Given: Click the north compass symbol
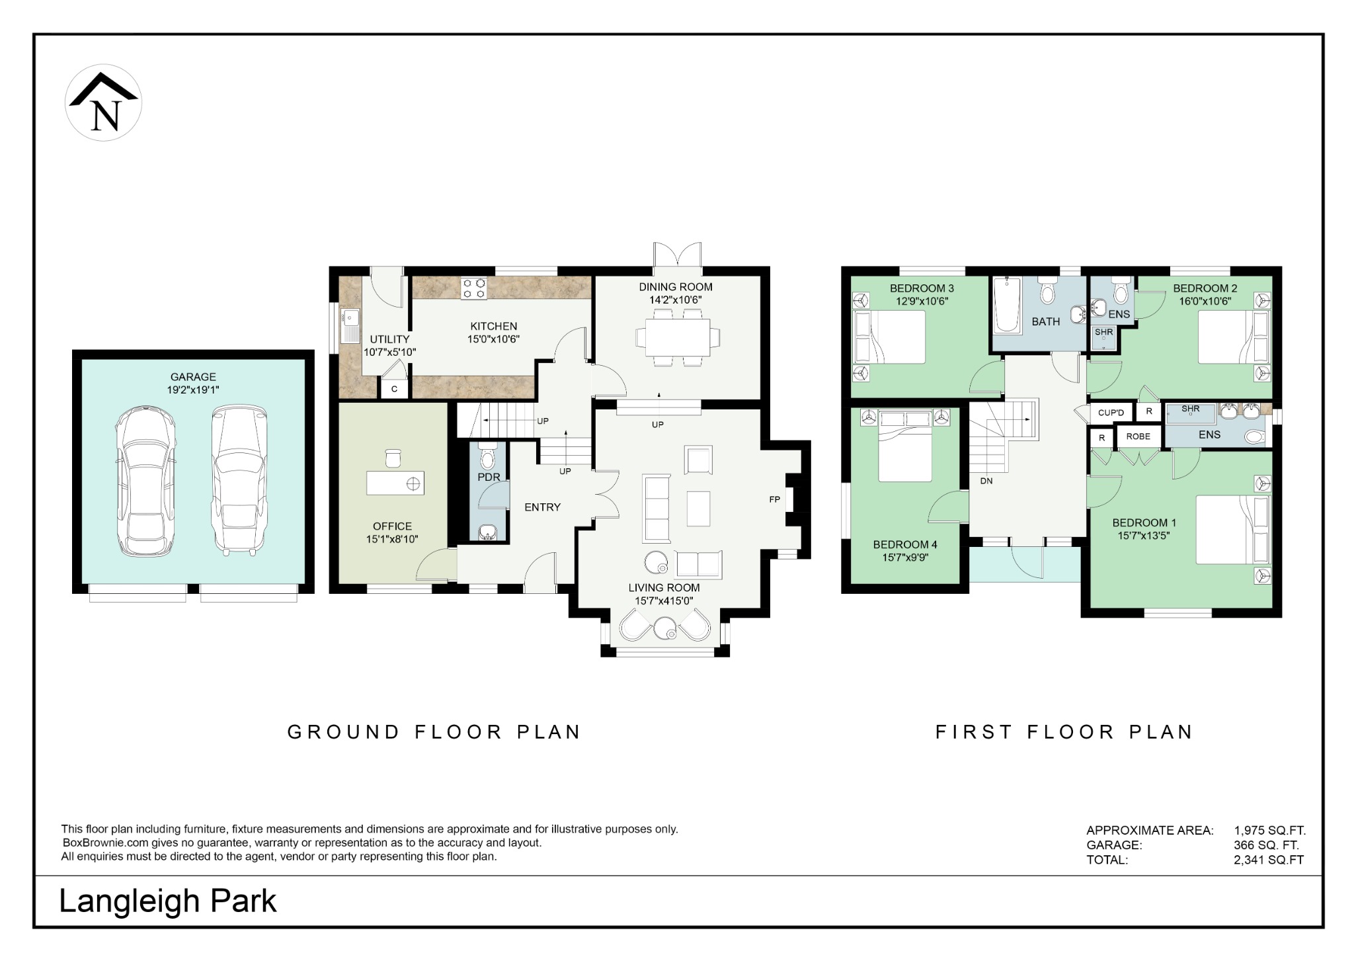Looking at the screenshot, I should [x=103, y=103].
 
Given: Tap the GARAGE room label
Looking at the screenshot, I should [x=193, y=377].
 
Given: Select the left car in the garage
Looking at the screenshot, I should [x=145, y=481].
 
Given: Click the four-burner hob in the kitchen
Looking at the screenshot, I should [x=473, y=288].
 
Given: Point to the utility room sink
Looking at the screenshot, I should [x=350, y=326].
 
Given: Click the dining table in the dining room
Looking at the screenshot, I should [x=678, y=337].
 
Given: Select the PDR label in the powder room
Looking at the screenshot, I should [x=489, y=477].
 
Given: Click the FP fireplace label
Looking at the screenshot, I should [x=774, y=499].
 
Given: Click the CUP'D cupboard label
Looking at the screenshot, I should [x=1111, y=413].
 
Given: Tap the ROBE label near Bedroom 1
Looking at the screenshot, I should [x=1138, y=437].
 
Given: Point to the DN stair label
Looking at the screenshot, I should [x=986, y=481].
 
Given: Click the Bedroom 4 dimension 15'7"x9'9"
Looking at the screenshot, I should [x=905, y=558].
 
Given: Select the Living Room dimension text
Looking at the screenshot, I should [x=664, y=601].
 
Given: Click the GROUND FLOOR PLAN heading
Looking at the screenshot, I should [x=434, y=732].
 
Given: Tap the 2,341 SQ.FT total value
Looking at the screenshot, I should [x=1268, y=860].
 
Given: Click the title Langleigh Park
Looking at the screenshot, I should [x=168, y=901].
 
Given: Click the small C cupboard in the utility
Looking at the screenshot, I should [x=394, y=389].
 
